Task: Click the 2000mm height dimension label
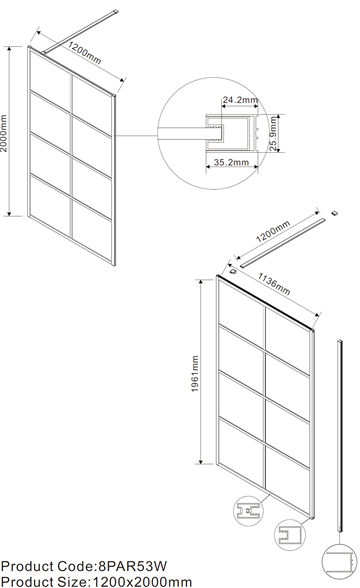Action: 4,133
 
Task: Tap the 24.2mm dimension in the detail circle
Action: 240,100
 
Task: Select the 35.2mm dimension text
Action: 231,162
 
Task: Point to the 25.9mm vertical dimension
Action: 273,134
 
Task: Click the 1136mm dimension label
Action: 274,284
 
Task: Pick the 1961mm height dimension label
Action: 195,374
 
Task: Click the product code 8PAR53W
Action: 131,566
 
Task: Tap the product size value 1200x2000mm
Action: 142,582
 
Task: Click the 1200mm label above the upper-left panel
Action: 85,53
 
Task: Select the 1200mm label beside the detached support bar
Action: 273,231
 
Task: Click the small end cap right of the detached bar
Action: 334,213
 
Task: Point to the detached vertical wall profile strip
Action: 340,435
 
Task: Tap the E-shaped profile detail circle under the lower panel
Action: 248,510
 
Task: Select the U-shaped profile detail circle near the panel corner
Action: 290,534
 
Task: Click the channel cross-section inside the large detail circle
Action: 232,134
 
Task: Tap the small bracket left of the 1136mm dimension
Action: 232,270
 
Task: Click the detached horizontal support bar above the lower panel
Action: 282,243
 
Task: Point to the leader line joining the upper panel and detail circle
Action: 136,135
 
